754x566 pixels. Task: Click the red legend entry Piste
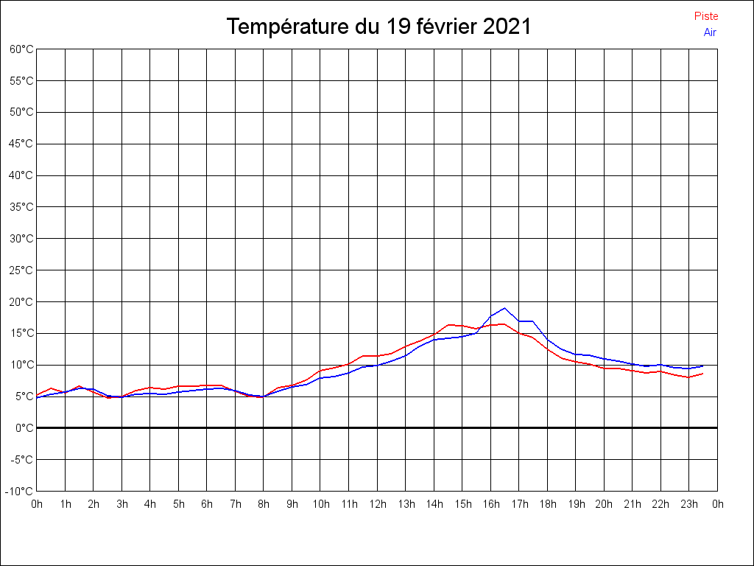pyautogui.click(x=705, y=16)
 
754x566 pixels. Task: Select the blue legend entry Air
pyautogui.click(x=710, y=32)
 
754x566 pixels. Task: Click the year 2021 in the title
pyautogui.click(x=507, y=27)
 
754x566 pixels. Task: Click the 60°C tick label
pyautogui.click(x=21, y=49)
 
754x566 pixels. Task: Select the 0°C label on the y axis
pyautogui.click(x=24, y=428)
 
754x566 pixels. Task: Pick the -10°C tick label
pyautogui.click(x=20, y=492)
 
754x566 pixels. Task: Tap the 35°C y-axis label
pyautogui.click(x=21, y=207)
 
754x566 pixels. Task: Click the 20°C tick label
pyautogui.click(x=21, y=302)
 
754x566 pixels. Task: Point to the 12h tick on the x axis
pyautogui.click(x=377, y=504)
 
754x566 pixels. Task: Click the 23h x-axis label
pyautogui.click(x=689, y=504)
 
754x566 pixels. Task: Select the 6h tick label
pyautogui.click(x=207, y=504)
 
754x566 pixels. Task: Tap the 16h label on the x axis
pyautogui.click(x=490, y=504)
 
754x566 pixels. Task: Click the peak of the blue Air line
pyautogui.click(x=504, y=308)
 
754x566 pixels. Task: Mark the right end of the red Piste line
pyautogui.click(x=703, y=374)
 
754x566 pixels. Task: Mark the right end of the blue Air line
pyautogui.click(x=703, y=366)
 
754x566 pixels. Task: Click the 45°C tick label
pyautogui.click(x=21, y=144)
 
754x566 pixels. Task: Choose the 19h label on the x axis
pyautogui.click(x=576, y=504)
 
